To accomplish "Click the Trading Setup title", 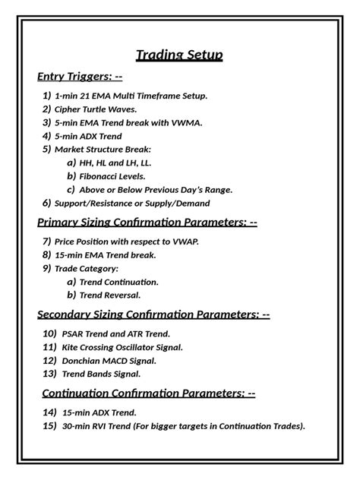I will coord(179,55).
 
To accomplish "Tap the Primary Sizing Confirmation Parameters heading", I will coord(147,222).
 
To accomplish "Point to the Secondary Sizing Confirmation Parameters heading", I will coord(153,314).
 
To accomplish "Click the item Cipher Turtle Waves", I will coord(96,109).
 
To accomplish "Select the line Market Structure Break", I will coord(103,149).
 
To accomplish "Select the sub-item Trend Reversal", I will coord(110,295).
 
